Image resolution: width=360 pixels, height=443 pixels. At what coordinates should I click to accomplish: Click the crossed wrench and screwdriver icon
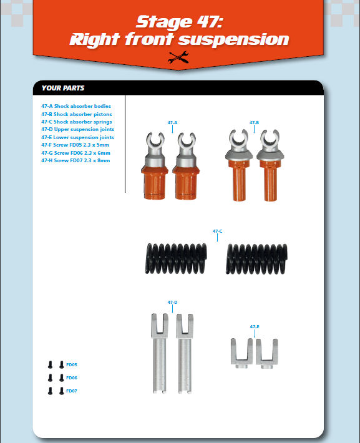(178, 57)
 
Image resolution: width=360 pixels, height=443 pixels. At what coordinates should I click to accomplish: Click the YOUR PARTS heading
(63, 88)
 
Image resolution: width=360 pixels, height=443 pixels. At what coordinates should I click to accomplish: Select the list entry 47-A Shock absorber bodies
(76, 106)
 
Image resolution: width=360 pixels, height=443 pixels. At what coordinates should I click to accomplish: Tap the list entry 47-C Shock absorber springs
(77, 122)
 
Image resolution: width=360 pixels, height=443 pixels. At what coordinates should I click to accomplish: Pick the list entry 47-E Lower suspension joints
(78, 137)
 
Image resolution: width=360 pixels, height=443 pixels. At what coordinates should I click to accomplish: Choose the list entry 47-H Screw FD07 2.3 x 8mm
(75, 160)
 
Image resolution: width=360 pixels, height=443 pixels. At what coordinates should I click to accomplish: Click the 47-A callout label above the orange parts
(172, 123)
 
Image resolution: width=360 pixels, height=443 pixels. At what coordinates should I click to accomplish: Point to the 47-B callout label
(254, 123)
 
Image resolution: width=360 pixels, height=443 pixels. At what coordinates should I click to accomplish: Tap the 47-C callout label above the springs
(217, 231)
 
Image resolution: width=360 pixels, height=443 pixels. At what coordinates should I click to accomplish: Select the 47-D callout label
(172, 303)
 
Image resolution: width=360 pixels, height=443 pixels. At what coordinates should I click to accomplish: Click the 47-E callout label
(255, 326)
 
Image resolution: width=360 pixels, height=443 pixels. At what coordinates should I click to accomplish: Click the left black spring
(176, 259)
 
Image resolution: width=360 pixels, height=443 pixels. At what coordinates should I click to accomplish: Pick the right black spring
(256, 259)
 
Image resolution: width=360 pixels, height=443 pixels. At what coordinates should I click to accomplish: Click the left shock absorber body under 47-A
(155, 166)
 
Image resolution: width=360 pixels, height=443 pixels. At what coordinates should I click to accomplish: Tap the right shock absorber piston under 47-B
(270, 165)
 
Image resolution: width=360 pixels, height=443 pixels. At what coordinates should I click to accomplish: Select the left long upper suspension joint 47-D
(160, 353)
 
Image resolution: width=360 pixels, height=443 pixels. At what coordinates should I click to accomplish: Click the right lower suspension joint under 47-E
(267, 353)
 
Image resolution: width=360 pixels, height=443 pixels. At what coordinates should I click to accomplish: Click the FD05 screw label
(72, 365)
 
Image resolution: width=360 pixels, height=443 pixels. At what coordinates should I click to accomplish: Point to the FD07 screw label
(72, 391)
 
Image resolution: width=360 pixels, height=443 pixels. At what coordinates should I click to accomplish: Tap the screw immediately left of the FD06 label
(61, 377)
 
